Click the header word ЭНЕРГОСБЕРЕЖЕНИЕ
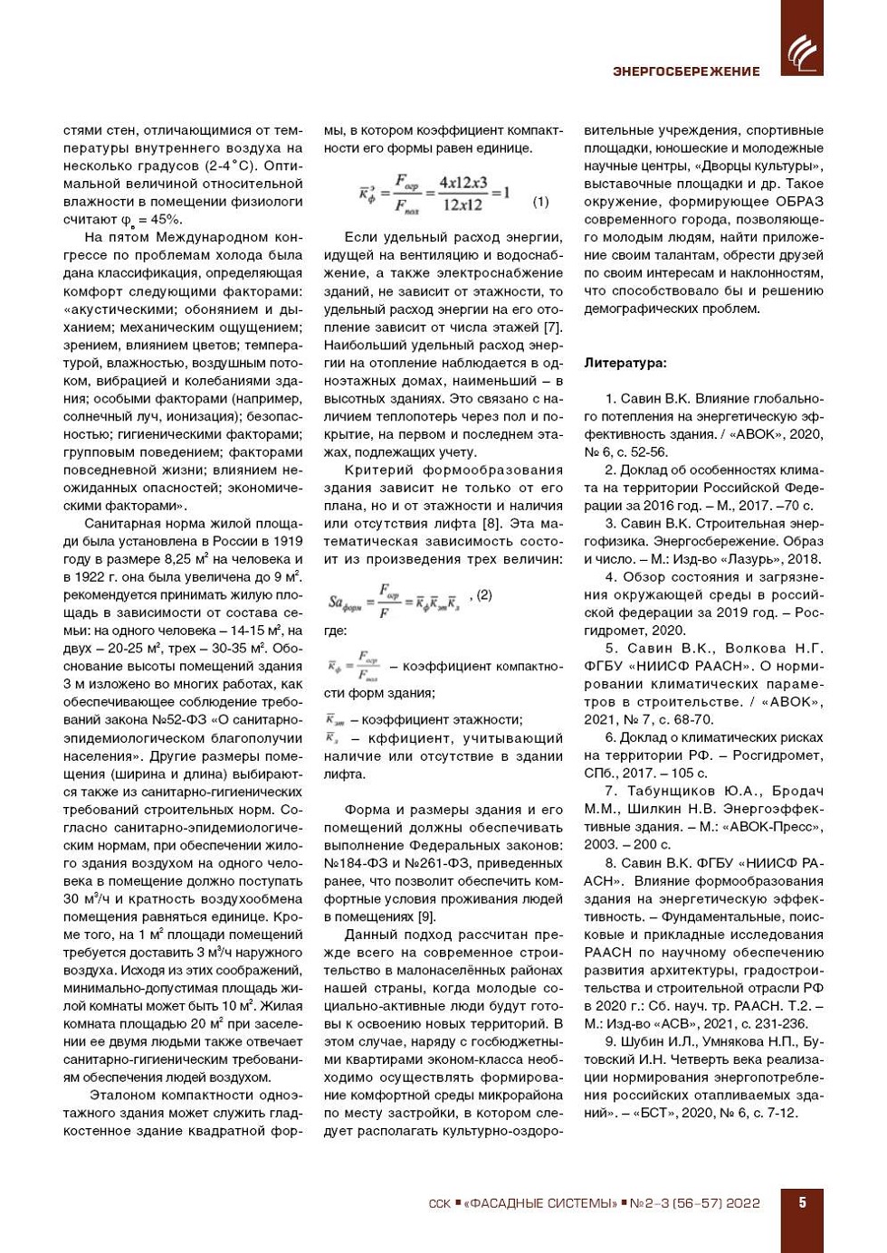686,71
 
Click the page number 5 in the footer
802,1202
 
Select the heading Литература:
625,363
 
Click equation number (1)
540,202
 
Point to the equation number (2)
485,594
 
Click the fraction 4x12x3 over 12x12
463,194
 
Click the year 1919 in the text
286,541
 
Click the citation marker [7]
552,327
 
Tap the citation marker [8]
491,523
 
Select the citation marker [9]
425,916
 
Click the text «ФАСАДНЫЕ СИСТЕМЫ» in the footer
539,1203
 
